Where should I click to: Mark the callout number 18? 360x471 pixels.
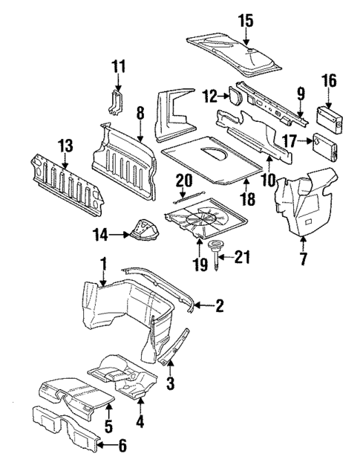[x=246, y=200]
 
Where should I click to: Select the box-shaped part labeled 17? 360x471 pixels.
[x=326, y=143]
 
